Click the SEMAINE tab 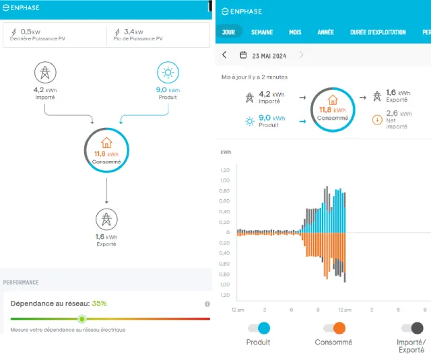(262, 32)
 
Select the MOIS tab (295, 32)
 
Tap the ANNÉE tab (326, 32)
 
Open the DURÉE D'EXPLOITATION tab (378, 32)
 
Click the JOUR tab (228, 32)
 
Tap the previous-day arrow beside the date (224, 55)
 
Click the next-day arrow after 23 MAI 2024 (301, 55)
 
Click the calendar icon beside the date (243, 55)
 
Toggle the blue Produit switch (259, 328)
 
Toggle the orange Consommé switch (334, 328)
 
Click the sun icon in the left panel (168, 73)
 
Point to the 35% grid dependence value (99, 303)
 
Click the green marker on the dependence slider (82, 319)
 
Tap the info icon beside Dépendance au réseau (207, 304)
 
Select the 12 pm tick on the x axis (345, 310)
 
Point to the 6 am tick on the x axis (291, 310)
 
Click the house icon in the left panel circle (106, 143)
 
